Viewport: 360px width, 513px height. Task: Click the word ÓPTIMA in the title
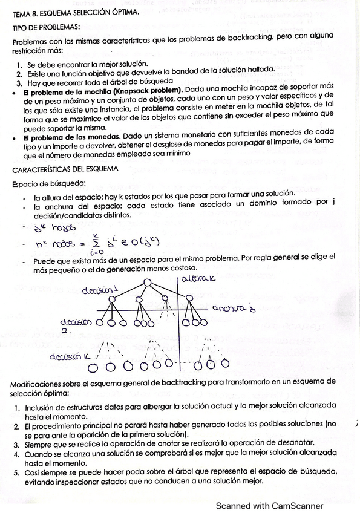pos(120,11)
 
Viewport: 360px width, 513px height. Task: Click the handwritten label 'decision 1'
pos(100,289)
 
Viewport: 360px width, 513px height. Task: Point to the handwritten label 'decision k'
pos(69,355)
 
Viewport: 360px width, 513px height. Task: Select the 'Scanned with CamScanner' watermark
pos(269,506)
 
